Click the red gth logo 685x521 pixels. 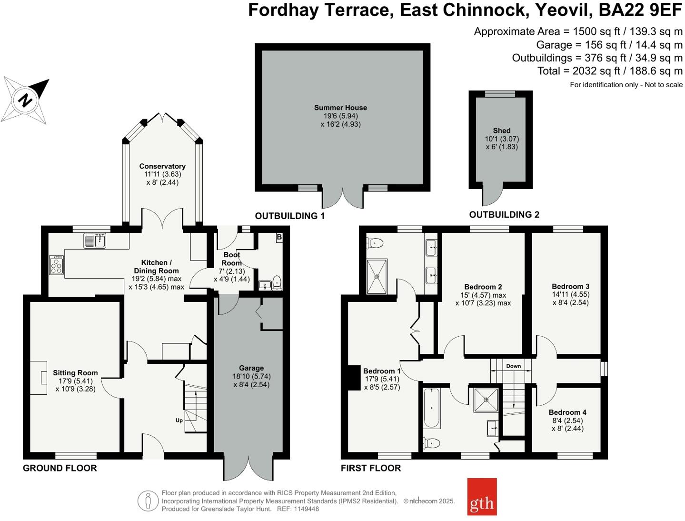click(482, 497)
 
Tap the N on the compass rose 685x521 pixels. click(25, 100)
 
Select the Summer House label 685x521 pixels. click(340, 108)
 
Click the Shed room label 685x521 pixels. click(502, 130)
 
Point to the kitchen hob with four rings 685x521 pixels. click(57, 265)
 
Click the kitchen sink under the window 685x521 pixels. click(95, 240)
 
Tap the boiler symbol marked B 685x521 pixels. click(279, 237)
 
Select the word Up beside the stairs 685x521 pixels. click(179, 420)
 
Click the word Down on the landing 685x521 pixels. click(513, 366)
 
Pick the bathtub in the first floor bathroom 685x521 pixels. click(432, 408)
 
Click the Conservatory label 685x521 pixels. click(162, 166)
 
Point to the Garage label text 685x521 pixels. click(251, 368)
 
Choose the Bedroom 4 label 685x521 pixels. click(567, 412)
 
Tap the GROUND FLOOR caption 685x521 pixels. click(60, 468)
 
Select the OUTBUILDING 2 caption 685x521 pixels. click(504, 214)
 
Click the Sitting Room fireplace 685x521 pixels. click(39, 378)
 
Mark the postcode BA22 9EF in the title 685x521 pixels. click(640, 10)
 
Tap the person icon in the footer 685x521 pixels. click(148, 501)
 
